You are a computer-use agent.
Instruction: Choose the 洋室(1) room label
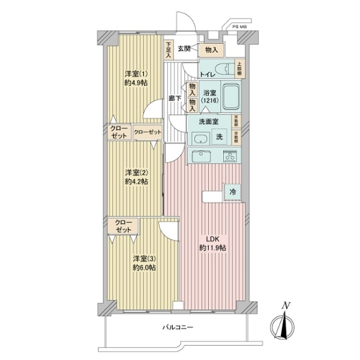134,74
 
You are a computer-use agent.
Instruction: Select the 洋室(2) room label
134,172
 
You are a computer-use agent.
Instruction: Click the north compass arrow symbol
286,325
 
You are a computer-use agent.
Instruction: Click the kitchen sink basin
200,155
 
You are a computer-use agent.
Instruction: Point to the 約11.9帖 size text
212,248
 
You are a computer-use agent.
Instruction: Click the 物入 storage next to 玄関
211,50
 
